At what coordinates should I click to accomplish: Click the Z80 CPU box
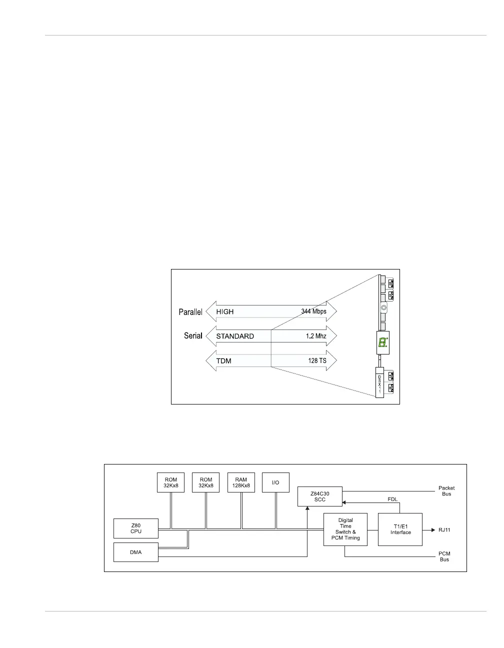(x=136, y=528)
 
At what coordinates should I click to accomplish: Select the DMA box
(x=136, y=552)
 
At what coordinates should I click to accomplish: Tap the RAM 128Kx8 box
(x=241, y=482)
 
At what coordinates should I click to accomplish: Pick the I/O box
(x=275, y=482)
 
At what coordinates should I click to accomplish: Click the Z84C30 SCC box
(x=320, y=496)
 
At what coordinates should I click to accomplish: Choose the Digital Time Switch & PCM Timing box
(x=345, y=529)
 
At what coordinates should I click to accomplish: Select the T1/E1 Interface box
(x=400, y=529)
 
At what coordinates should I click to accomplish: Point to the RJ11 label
(x=444, y=529)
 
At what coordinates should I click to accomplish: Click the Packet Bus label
(x=446, y=491)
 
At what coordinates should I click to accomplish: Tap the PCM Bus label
(x=444, y=556)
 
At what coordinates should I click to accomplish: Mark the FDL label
(x=393, y=499)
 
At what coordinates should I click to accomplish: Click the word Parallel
(x=190, y=312)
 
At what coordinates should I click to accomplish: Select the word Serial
(x=193, y=336)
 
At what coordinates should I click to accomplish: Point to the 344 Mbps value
(x=313, y=311)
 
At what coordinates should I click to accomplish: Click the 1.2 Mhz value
(x=316, y=336)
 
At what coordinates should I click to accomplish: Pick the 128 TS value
(x=317, y=360)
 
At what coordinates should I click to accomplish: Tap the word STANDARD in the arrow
(x=235, y=336)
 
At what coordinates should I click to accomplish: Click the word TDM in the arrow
(x=223, y=360)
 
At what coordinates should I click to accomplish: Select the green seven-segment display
(x=382, y=343)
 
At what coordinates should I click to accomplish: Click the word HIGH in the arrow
(x=225, y=311)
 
